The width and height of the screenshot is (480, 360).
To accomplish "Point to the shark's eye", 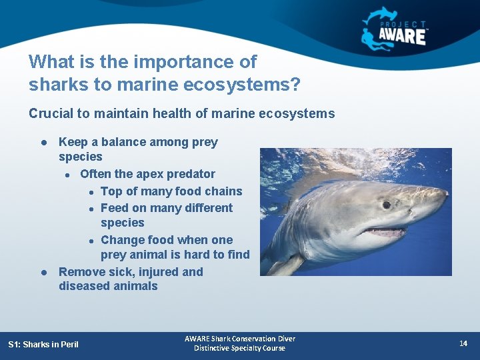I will click(x=387, y=205).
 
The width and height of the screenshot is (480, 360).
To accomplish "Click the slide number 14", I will click(x=463, y=343).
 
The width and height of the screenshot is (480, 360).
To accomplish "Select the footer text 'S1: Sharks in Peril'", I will click(x=43, y=344).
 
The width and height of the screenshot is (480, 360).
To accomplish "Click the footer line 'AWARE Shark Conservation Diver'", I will click(x=240, y=339).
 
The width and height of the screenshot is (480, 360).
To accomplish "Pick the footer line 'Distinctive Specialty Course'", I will click(x=240, y=348).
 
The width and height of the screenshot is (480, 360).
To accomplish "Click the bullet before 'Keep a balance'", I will click(x=43, y=142).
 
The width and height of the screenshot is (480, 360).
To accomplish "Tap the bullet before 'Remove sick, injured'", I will click(x=43, y=272).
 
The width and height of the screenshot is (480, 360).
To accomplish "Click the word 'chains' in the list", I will click(x=223, y=191).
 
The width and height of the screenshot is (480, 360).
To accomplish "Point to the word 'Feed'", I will click(x=114, y=208).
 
